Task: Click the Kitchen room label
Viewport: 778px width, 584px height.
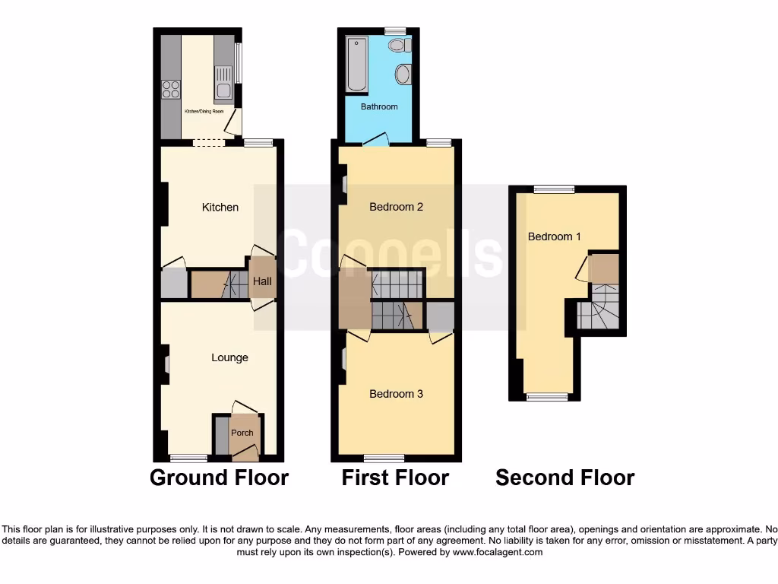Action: [x=220, y=207]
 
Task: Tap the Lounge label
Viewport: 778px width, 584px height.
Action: [x=229, y=357]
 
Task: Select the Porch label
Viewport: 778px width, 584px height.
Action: [x=242, y=433]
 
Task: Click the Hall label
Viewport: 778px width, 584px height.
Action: [x=262, y=281]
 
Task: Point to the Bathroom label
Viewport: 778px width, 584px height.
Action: [x=379, y=106]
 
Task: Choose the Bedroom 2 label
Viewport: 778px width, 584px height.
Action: [x=396, y=207]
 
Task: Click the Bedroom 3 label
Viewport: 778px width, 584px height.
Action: [x=396, y=394]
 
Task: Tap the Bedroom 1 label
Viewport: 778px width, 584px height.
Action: [x=555, y=236]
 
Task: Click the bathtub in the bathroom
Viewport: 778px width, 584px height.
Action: [x=356, y=65]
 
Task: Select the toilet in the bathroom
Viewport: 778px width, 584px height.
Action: [x=397, y=46]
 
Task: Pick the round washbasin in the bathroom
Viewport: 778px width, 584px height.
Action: [x=403, y=75]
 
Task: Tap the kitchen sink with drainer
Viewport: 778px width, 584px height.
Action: [x=223, y=84]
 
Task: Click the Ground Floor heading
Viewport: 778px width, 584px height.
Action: [x=219, y=478]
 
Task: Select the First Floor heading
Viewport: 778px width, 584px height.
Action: [x=395, y=478]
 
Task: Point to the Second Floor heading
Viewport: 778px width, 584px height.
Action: [x=565, y=478]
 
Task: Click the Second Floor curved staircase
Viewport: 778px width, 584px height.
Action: [x=596, y=308]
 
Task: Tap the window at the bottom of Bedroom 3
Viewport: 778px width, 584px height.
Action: [x=384, y=458]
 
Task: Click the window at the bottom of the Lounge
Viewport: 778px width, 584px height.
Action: [x=188, y=458]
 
